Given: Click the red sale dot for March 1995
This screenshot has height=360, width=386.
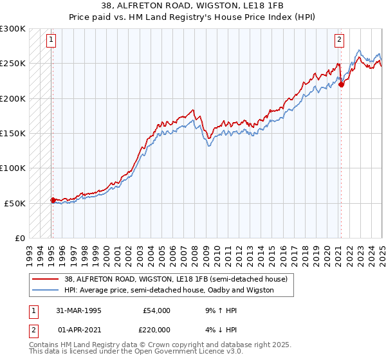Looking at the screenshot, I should [x=53, y=200].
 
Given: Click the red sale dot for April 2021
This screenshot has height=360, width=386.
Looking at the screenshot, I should [x=341, y=84].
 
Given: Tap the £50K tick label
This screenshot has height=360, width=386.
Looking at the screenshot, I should [x=15, y=203].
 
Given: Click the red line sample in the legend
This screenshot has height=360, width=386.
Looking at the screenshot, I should [x=46, y=279].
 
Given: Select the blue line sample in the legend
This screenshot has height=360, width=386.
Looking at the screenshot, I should [x=46, y=290].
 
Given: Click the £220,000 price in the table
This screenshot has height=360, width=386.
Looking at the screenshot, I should [x=156, y=330].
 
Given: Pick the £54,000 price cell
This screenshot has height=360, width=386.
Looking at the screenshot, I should [x=156, y=310].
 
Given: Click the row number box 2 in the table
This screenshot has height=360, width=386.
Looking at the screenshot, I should [x=32, y=330].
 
